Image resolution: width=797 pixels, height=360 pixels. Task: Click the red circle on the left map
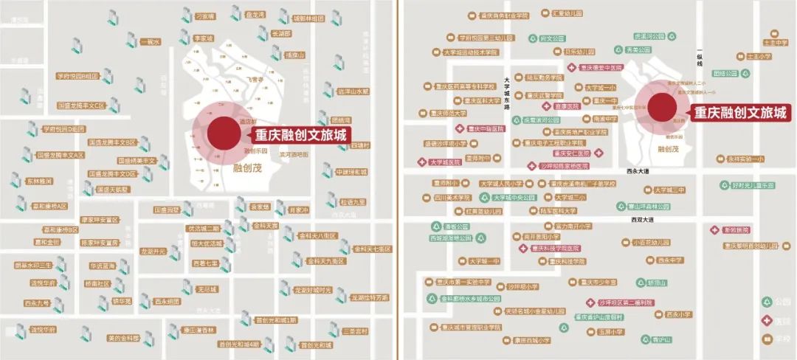point(223,134)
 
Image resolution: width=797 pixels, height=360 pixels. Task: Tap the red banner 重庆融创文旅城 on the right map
point(740,113)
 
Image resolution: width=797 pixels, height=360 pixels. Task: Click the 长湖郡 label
point(282,33)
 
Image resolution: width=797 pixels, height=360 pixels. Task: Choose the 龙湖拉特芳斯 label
point(369,298)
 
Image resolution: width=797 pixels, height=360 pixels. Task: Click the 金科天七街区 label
point(372,249)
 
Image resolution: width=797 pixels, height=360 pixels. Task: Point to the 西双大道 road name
point(643,220)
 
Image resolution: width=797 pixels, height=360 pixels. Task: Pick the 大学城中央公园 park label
point(514,198)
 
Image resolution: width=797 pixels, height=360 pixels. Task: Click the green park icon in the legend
point(767,302)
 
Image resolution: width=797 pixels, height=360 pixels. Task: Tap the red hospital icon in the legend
point(767,320)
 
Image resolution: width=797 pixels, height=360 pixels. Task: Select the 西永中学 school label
point(671,260)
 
